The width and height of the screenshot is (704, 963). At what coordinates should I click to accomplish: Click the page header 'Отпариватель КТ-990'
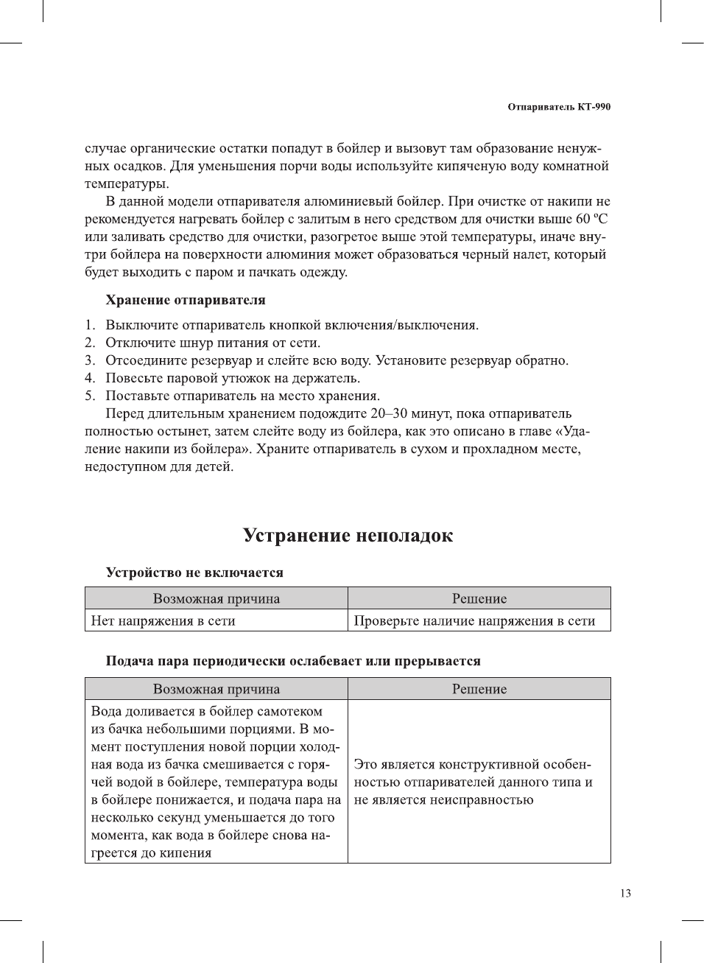click(559, 107)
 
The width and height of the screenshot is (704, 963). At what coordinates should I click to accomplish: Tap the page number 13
click(625, 893)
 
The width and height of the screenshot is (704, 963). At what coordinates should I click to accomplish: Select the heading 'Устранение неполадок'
click(348, 536)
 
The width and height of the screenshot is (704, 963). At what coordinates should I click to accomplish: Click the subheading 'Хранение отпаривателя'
click(186, 300)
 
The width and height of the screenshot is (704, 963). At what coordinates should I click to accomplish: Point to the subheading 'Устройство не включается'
click(194, 572)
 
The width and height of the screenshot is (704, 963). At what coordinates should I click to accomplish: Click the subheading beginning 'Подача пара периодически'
click(293, 661)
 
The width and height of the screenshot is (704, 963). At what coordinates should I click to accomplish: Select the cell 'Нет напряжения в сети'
click(163, 620)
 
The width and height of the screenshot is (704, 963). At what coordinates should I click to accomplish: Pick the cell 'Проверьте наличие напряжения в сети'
click(474, 620)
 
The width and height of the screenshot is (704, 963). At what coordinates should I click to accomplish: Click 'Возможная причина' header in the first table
click(217, 598)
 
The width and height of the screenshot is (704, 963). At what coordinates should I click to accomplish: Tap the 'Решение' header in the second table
click(479, 689)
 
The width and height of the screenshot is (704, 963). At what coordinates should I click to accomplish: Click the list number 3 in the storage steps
click(89, 360)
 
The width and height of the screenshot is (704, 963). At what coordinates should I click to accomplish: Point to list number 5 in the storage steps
click(89, 396)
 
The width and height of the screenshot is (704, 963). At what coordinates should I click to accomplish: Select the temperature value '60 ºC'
click(591, 219)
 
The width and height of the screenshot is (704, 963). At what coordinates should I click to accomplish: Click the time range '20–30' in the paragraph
click(389, 413)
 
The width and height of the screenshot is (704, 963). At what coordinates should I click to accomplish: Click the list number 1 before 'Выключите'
click(89, 325)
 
